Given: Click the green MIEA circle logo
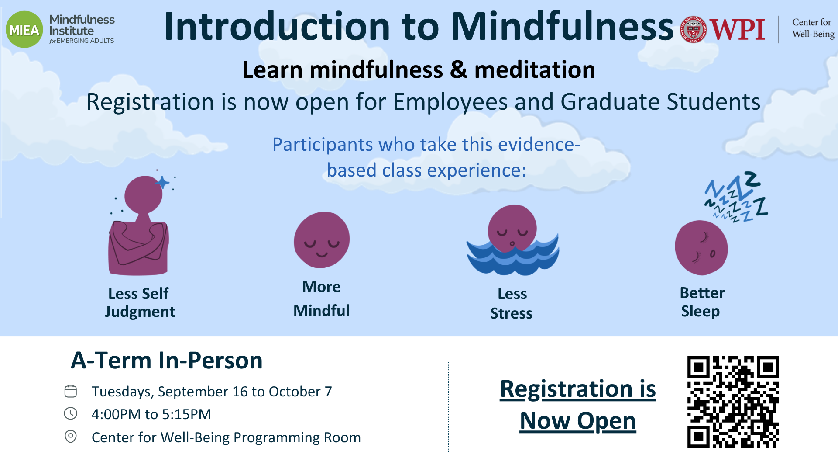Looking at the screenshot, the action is coord(24,30).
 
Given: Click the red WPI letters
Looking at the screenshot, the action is coord(737,30).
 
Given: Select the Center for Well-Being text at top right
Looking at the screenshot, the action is coord(813,28).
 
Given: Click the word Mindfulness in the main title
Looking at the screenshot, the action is coord(562,26).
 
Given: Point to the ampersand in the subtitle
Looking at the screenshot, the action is coord(458,70).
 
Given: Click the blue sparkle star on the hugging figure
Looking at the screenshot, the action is coord(162,182).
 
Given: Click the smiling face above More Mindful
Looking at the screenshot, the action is coord(322,239).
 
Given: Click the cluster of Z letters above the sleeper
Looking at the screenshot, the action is coord(737,197).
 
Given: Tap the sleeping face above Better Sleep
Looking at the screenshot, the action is coord(701,248).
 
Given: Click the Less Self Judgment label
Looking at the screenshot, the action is coord(140,302).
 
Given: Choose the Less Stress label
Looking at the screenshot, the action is coord(512,303).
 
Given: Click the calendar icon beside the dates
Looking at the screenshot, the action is coord(71,391).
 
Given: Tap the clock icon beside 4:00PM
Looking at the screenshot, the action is coord(71,413).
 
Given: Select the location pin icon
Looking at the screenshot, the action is coord(71,437).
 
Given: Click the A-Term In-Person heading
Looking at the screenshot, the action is coord(167,361).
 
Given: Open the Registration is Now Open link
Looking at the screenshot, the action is coord(578,405).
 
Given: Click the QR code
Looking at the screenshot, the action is coord(733,402).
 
